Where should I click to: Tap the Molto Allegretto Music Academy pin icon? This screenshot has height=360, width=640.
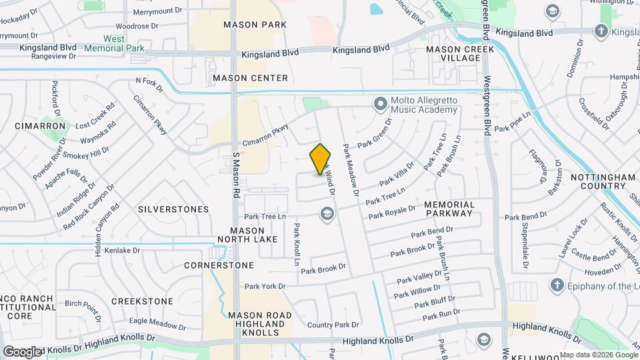click(381, 103)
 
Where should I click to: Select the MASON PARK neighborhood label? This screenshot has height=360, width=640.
click(255, 25)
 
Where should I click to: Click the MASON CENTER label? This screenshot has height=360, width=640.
click(250, 78)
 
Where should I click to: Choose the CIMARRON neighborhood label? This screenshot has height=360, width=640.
click(41, 125)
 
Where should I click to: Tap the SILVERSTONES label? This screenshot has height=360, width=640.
click(173, 209)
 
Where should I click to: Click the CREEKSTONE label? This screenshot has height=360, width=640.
click(142, 301)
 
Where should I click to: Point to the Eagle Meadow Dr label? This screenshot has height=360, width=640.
click(157, 323)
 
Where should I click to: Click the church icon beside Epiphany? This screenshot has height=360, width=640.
click(557, 285)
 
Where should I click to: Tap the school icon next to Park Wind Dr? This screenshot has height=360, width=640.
click(327, 213)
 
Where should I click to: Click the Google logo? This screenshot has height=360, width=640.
click(22, 351)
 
